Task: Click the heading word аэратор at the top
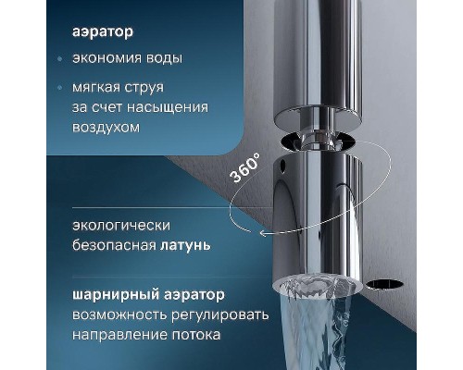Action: [103, 31]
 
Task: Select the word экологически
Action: [120, 226]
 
